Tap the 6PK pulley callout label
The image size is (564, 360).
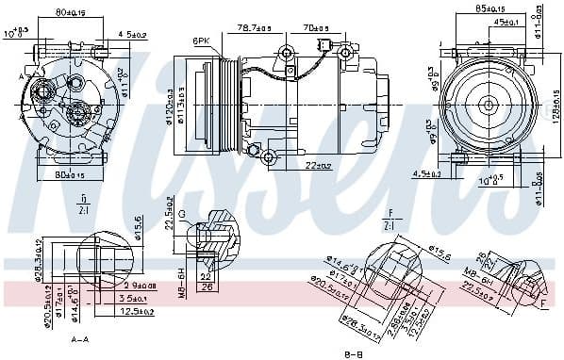(x=201, y=41)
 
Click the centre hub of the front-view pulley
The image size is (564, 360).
(x=489, y=106)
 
